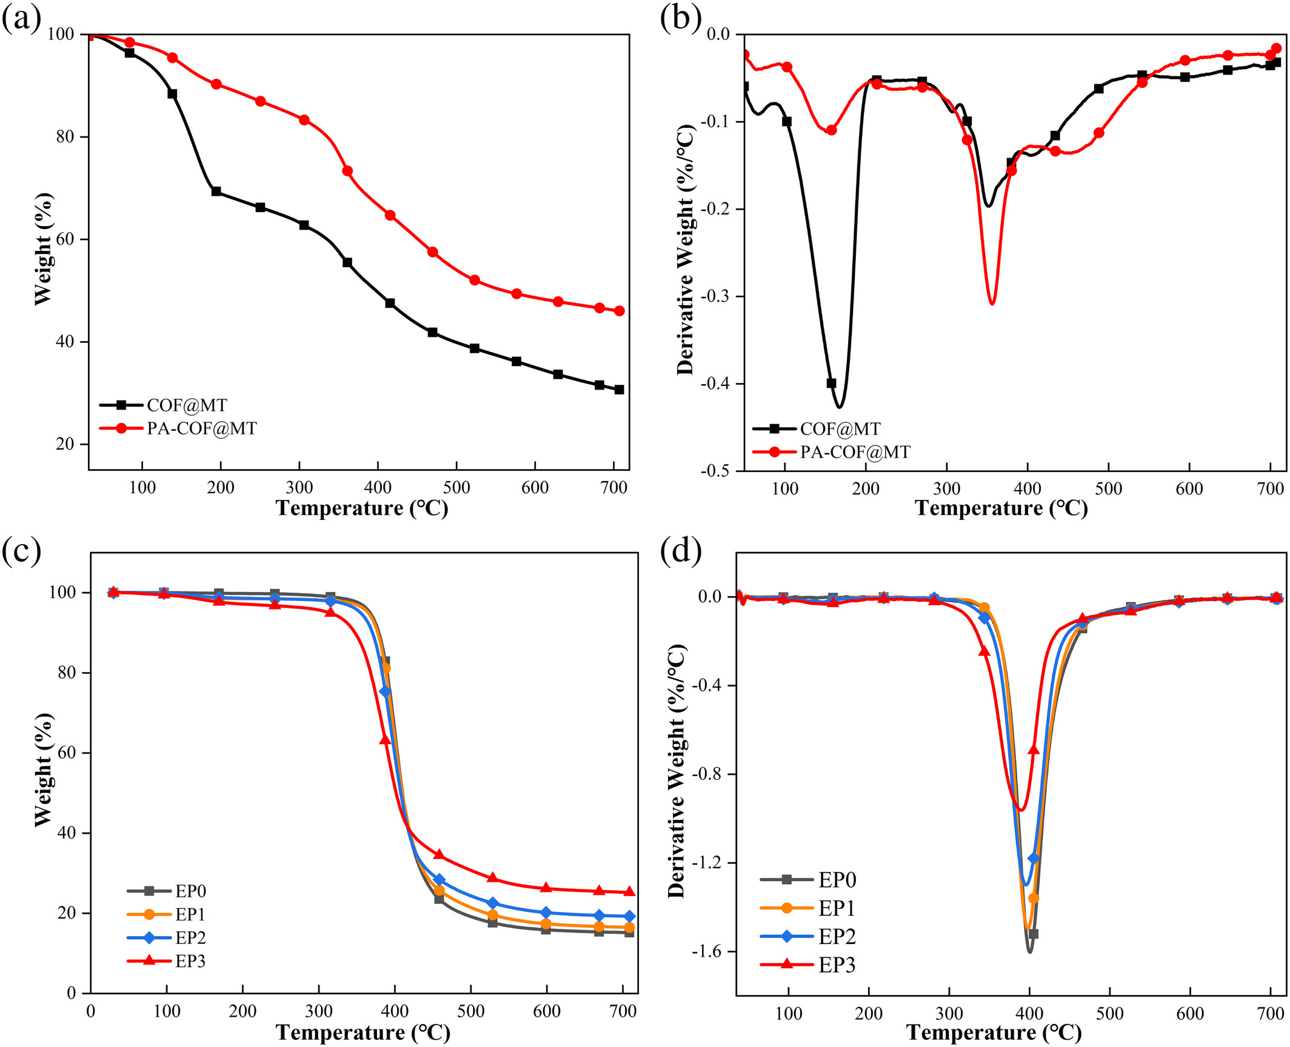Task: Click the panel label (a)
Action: click(x=21, y=19)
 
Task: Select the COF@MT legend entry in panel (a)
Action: click(x=186, y=405)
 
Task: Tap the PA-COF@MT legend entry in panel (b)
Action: click(x=855, y=452)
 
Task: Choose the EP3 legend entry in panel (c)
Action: click(x=190, y=962)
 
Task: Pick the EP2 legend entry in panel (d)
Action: click(x=837, y=937)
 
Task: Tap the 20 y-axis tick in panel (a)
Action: click(x=65, y=444)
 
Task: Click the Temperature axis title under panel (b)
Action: click(x=1001, y=508)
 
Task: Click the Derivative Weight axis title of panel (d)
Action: click(x=677, y=771)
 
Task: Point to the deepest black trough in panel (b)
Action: click(x=840, y=407)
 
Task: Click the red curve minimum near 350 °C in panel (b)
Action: click(x=992, y=304)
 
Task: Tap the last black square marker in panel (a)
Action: click(x=619, y=390)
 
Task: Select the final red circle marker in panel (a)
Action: click(x=619, y=311)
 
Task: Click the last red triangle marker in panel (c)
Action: click(x=629, y=891)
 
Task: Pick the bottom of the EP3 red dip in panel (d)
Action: click(x=1021, y=809)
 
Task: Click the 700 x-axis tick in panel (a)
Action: click(x=613, y=488)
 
